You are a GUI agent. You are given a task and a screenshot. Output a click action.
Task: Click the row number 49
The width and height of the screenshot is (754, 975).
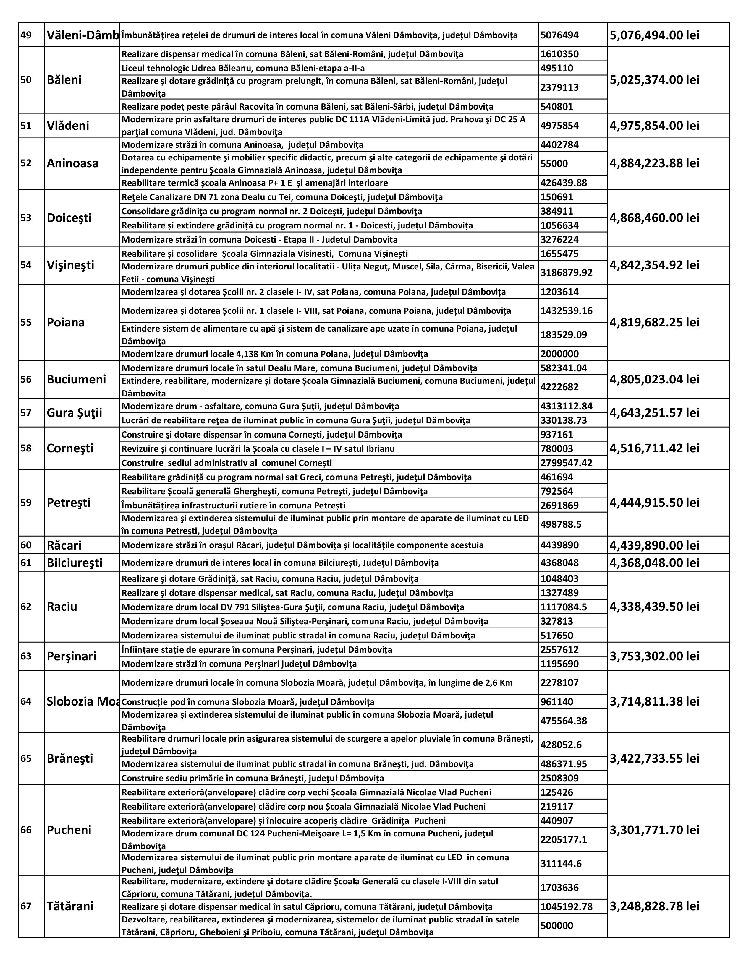pyautogui.click(x=26, y=35)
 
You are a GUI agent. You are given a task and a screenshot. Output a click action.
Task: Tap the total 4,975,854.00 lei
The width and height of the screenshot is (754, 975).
pyautogui.click(x=654, y=126)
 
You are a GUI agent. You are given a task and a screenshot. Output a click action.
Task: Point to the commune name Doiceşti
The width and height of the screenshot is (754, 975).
pyautogui.click(x=69, y=218)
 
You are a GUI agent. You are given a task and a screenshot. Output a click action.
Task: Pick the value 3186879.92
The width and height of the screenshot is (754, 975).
pyautogui.click(x=567, y=272)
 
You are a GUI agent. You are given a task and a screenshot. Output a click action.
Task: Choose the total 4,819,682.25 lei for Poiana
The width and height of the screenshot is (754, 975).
pyautogui.click(x=654, y=322)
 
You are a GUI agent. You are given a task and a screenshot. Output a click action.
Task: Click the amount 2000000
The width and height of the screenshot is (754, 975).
pyautogui.click(x=560, y=354)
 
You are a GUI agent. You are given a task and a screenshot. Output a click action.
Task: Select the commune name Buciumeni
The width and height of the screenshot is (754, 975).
pyautogui.click(x=76, y=379)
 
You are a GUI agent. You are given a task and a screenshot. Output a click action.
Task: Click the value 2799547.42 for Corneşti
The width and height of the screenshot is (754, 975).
pyautogui.click(x=567, y=462)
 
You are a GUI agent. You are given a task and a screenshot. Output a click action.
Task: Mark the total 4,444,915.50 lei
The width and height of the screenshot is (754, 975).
pyautogui.click(x=654, y=503)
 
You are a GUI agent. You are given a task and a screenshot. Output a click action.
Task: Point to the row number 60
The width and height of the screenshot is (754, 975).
pyautogui.click(x=26, y=545)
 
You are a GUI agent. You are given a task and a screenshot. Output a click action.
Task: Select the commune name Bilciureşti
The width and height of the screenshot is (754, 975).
pyautogui.click(x=75, y=563)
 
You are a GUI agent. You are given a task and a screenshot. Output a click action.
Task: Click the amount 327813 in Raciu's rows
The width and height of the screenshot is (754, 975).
pyautogui.click(x=556, y=621)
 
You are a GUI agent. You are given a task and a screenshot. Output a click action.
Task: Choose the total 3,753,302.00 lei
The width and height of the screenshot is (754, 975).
pyautogui.click(x=654, y=656)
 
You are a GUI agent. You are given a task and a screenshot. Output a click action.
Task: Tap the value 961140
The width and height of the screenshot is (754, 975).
pyautogui.click(x=556, y=702)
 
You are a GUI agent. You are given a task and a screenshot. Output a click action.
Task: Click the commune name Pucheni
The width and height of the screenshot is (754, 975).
pyautogui.click(x=69, y=830)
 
